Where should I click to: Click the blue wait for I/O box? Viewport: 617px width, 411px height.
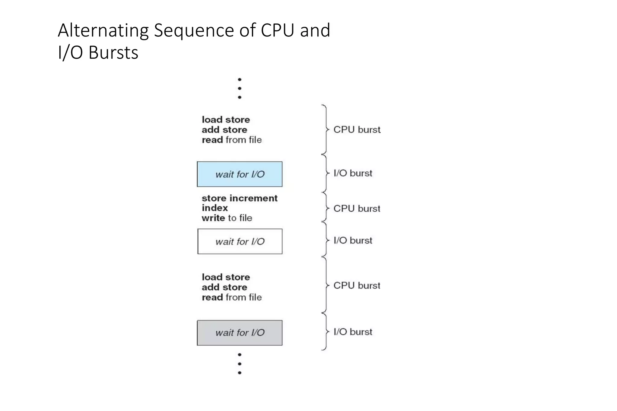tap(240, 174)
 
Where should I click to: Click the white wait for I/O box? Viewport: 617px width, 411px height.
tap(240, 241)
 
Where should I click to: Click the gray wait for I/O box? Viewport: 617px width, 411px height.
tap(240, 332)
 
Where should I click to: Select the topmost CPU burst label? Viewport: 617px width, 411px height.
tap(357, 130)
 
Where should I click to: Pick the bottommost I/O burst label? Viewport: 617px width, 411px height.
tap(353, 332)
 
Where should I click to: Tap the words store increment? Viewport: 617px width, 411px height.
tap(240, 198)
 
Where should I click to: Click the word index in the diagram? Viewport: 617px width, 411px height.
tap(215, 208)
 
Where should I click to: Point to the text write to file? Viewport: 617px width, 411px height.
tap(227, 218)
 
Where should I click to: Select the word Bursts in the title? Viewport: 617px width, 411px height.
tap(113, 53)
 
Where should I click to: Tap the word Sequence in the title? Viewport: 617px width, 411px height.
tap(194, 30)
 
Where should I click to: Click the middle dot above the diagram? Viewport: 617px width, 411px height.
tap(240, 88)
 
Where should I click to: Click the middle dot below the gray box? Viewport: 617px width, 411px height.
tap(240, 364)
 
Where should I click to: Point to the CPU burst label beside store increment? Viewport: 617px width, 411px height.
tap(357, 208)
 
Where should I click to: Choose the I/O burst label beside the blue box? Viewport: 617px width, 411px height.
tap(353, 173)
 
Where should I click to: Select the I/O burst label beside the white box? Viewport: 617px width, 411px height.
tap(353, 240)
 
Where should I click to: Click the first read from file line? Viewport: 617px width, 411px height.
tap(231, 140)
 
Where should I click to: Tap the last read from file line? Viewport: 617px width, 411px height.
tap(231, 297)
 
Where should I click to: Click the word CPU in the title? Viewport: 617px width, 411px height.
tap(277, 30)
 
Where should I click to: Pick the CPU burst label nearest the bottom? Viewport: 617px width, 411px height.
tap(357, 285)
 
